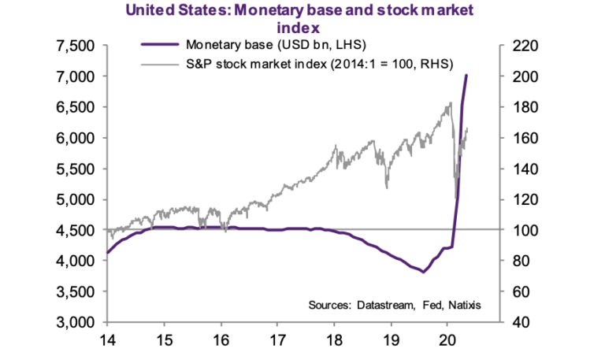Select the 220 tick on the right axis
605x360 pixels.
pyautogui.click(x=519, y=46)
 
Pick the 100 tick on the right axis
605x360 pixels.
pyautogui.click(x=519, y=230)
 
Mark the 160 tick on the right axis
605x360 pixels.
pyautogui.click(x=519, y=138)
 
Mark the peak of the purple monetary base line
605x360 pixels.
pyautogui.click(x=466, y=76)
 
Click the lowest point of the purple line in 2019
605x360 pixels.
pyautogui.click(x=424, y=273)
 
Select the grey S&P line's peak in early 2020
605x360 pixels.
pyautogui.click(x=450, y=102)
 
